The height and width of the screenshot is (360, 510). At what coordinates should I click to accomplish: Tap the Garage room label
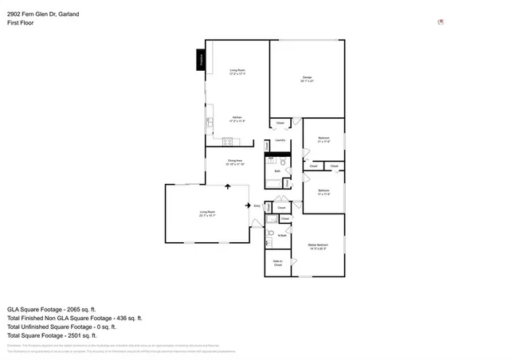(307, 79)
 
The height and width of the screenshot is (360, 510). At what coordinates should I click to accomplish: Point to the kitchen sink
(210, 123)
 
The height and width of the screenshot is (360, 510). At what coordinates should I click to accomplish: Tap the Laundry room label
(280, 140)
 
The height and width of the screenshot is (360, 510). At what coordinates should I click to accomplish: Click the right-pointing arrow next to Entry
(248, 204)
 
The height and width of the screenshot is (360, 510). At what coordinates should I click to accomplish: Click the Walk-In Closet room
(277, 262)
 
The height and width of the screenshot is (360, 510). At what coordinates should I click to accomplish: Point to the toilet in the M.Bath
(272, 234)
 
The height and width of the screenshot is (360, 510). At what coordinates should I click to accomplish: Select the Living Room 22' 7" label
(207, 213)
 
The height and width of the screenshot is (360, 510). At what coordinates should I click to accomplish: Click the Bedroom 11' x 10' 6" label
(324, 139)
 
